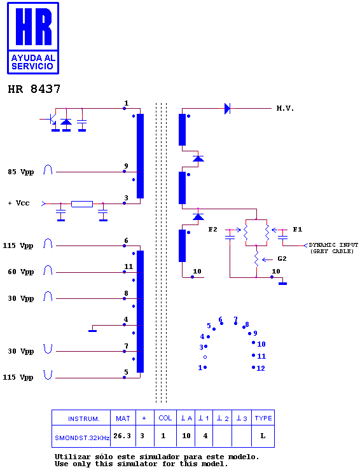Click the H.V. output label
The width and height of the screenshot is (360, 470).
tap(285, 108)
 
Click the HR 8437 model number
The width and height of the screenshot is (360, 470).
tap(34, 89)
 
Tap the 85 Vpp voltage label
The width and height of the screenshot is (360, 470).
tap(21, 172)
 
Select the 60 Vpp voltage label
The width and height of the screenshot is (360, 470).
tap(21, 272)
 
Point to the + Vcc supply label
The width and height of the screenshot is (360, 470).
tap(18, 204)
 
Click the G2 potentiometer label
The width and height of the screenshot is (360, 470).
tap(282, 258)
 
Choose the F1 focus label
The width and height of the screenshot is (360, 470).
tap(298, 230)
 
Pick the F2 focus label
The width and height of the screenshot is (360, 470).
tap(212, 230)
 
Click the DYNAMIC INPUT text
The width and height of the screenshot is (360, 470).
tap(333, 245)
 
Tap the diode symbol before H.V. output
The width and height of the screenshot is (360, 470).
tap(228, 109)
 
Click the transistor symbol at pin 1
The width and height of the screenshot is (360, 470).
tap(52, 120)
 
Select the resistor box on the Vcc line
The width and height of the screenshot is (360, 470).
tap(82, 204)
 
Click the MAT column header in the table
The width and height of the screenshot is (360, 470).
tap(123, 418)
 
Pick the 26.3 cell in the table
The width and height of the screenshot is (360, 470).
tap(122, 436)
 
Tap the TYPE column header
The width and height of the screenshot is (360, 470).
tap(263, 418)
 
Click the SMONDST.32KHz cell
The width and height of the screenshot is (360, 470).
tap(82, 438)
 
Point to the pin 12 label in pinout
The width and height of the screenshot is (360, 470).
tap(261, 368)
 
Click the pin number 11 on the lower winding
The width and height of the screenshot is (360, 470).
tap(128, 266)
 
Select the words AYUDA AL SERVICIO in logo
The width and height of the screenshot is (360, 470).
tap(33, 62)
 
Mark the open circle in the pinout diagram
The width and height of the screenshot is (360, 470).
tap(205, 357)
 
